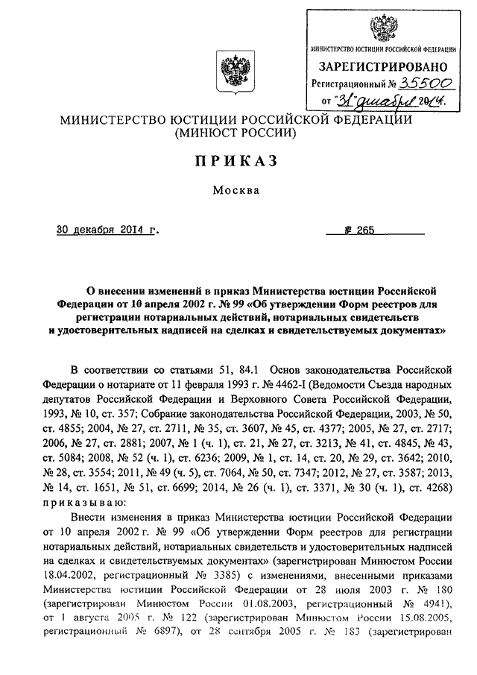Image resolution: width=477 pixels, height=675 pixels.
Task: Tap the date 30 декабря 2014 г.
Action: (x=107, y=230)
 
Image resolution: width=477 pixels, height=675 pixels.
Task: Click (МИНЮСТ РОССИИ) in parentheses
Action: (x=236, y=134)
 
